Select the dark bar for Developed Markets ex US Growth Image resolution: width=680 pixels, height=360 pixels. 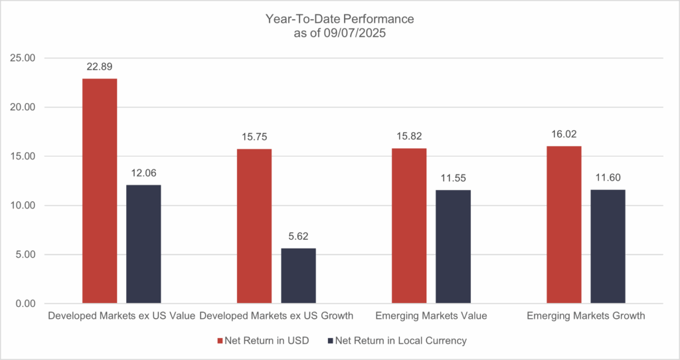[298, 276]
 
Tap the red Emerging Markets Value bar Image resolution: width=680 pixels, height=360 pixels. [409, 226]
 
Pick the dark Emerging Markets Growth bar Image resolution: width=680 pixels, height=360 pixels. [608, 246]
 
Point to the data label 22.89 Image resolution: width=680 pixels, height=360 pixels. [100, 67]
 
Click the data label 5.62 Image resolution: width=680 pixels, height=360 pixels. [298, 236]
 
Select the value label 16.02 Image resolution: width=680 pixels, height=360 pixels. [564, 134]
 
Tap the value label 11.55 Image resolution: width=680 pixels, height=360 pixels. [453, 178]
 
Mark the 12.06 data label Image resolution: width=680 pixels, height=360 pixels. [143, 173]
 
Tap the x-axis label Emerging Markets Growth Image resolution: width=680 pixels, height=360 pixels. [586, 316]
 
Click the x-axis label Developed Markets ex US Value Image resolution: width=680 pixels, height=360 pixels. [122, 316]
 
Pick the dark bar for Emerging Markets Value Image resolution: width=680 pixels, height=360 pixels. [453, 246]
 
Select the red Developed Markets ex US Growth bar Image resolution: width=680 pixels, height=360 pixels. [254, 226]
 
